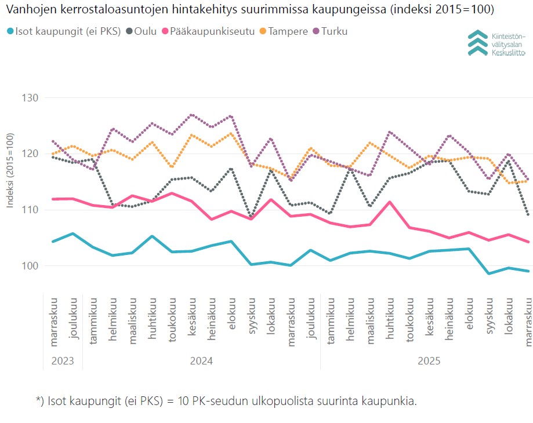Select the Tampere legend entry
(287, 31)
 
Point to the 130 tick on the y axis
(31, 98)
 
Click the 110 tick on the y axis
(31, 210)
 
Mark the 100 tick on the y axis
(31, 266)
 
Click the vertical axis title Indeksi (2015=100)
(10, 170)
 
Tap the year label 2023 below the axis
(63, 361)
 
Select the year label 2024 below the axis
(201, 361)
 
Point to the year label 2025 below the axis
(429, 361)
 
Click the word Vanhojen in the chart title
(27, 10)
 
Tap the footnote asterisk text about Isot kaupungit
(226, 401)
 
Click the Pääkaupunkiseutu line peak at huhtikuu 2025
(390, 202)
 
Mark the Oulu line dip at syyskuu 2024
(251, 218)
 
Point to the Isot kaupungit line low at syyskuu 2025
(490, 274)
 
